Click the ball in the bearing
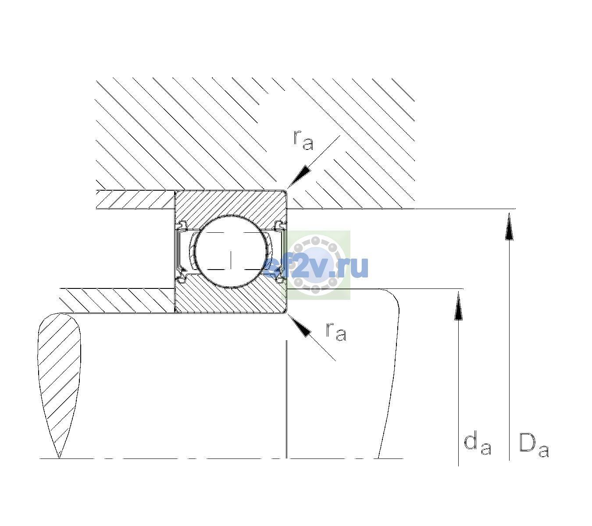[x=231, y=252]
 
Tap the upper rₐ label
[x=303, y=141]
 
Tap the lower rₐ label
[x=336, y=332]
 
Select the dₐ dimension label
[x=478, y=444]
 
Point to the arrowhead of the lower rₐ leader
[x=299, y=326]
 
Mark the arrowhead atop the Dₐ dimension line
[x=509, y=227]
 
